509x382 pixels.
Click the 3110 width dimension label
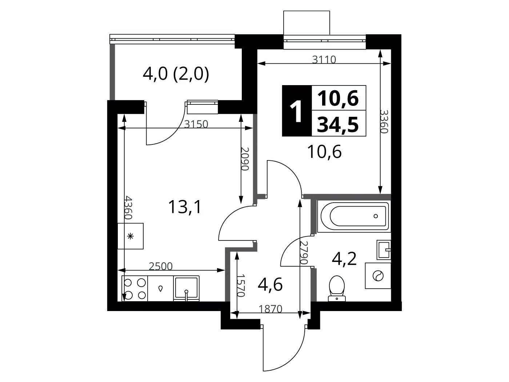[324, 60]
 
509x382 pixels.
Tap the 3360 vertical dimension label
[384, 121]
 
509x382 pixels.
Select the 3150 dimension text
[196, 124]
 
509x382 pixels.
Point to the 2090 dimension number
[245, 159]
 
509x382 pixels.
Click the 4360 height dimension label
[128, 208]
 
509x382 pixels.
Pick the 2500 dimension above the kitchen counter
[161, 267]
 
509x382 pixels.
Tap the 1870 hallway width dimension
[270, 309]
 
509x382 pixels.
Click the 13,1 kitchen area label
[185, 207]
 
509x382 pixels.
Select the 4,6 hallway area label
[270, 284]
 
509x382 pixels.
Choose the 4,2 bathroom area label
[344, 259]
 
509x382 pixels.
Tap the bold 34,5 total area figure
[338, 124]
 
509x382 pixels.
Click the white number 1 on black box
[296, 111]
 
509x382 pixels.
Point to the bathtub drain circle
[376, 216]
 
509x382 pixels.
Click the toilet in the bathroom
[337, 288]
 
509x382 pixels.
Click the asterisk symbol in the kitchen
[131, 236]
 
